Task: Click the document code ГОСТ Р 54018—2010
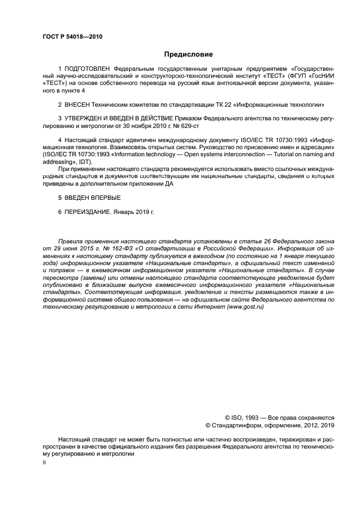click(72, 37)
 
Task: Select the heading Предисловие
click(188, 54)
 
